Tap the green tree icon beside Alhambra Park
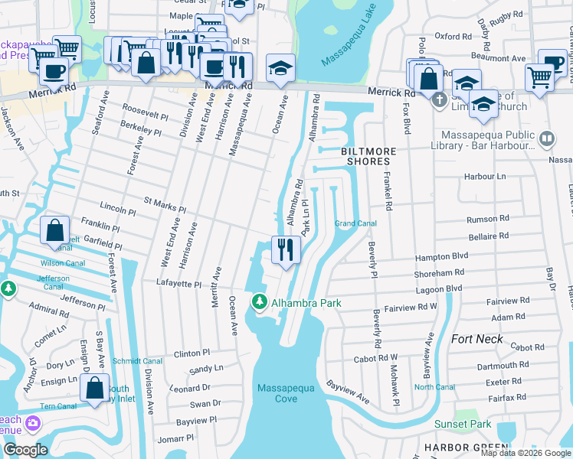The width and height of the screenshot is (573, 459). (x=260, y=304)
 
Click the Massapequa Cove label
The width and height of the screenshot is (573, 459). (x=287, y=394)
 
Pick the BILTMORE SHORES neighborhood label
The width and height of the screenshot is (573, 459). (x=366, y=156)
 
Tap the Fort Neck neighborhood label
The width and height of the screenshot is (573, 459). (x=477, y=339)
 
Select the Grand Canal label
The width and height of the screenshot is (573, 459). (x=355, y=223)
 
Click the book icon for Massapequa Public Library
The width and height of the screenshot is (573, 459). (x=547, y=138)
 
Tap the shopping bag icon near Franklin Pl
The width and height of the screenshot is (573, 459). (x=56, y=230)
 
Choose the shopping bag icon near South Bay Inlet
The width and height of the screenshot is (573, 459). (x=94, y=388)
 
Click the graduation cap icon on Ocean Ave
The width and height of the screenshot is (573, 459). (x=280, y=68)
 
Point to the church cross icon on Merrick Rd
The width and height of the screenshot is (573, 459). (x=439, y=99)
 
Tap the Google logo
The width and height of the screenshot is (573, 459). (x=25, y=450)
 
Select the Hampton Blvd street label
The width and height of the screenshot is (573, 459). (x=462, y=258)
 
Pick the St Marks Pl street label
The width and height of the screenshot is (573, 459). (x=165, y=204)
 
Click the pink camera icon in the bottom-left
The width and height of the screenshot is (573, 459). (x=33, y=423)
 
